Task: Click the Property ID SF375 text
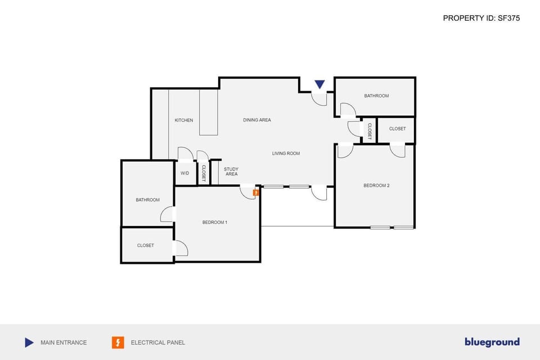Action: click(481, 18)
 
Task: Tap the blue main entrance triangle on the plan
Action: click(319, 84)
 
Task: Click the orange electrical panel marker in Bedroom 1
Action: click(255, 192)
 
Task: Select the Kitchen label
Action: click(184, 120)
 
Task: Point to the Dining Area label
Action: click(257, 120)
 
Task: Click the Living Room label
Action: click(286, 154)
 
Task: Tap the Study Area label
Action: click(231, 172)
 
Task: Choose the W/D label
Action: click(185, 173)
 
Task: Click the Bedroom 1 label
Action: click(215, 222)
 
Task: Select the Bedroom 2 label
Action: click(376, 186)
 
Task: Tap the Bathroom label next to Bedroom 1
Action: click(147, 200)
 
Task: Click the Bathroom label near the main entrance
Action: click(376, 96)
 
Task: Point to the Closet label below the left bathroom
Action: click(146, 245)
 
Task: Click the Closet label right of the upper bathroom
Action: click(397, 129)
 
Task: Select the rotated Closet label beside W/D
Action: click(204, 173)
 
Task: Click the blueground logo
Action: click(492, 342)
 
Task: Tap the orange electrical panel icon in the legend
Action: click(118, 342)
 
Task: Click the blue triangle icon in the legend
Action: click(29, 342)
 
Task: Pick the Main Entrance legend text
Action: click(64, 342)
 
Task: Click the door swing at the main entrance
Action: click(319, 100)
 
